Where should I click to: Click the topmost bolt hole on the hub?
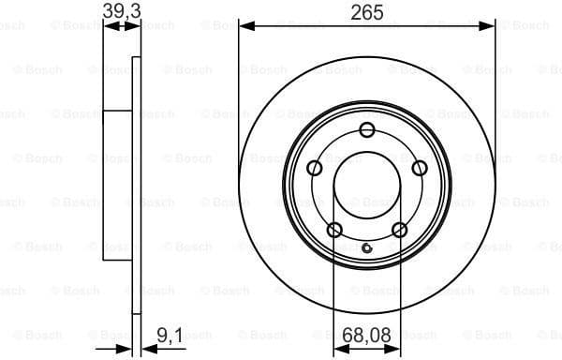click(x=367, y=129)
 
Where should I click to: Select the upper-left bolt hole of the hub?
click(x=315, y=168)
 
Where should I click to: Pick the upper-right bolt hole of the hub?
click(x=420, y=168)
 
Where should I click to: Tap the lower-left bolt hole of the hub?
click(x=334, y=230)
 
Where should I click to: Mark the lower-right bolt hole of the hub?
click(x=400, y=230)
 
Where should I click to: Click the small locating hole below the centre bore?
click(x=367, y=248)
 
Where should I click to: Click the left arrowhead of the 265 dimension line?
click(x=245, y=26)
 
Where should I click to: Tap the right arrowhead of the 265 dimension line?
click(x=488, y=26)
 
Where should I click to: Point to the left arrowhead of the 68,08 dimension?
click(x=340, y=348)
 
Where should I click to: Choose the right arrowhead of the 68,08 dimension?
click(x=394, y=348)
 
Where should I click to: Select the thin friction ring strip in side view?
click(x=137, y=187)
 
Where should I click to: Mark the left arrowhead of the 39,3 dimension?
click(x=108, y=26)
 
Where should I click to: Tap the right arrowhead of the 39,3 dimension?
click(x=137, y=26)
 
